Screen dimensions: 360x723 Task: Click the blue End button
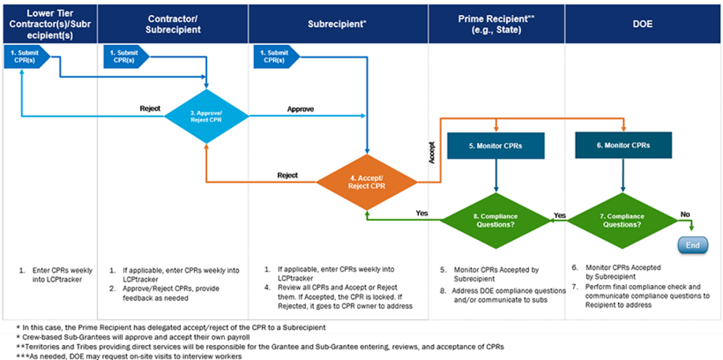pos(692,245)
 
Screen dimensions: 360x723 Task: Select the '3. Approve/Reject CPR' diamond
pos(206,116)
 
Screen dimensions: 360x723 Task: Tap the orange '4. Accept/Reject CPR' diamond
pos(366,182)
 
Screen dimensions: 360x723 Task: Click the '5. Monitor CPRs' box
pos(496,145)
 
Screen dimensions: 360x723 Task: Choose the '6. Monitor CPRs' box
pos(622,145)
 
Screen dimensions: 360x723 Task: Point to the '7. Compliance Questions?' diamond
pos(622,221)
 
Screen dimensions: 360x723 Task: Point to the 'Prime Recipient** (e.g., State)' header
pos(496,24)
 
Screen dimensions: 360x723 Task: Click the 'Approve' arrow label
pos(300,109)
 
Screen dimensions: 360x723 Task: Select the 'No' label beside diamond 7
pos(685,214)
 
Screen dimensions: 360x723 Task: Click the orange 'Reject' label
pos(288,175)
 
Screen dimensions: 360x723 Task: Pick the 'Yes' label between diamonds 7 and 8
pos(560,215)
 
